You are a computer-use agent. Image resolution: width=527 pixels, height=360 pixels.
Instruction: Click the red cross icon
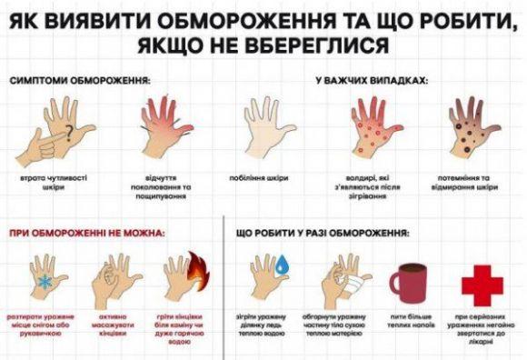pyautogui.click(x=482, y=285)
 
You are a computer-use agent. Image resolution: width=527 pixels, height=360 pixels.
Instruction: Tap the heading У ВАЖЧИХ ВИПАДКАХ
pyautogui.click(x=372, y=81)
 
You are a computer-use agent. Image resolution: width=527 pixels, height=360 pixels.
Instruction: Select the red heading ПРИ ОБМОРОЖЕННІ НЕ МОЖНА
pyautogui.click(x=87, y=233)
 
